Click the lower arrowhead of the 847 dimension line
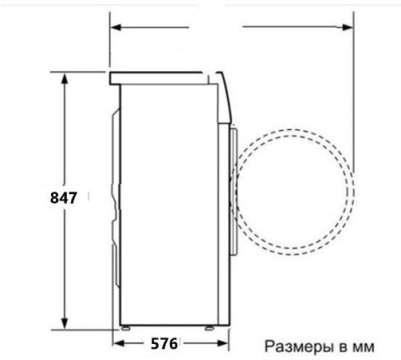point(64,324)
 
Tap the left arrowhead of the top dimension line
point(116,28)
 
